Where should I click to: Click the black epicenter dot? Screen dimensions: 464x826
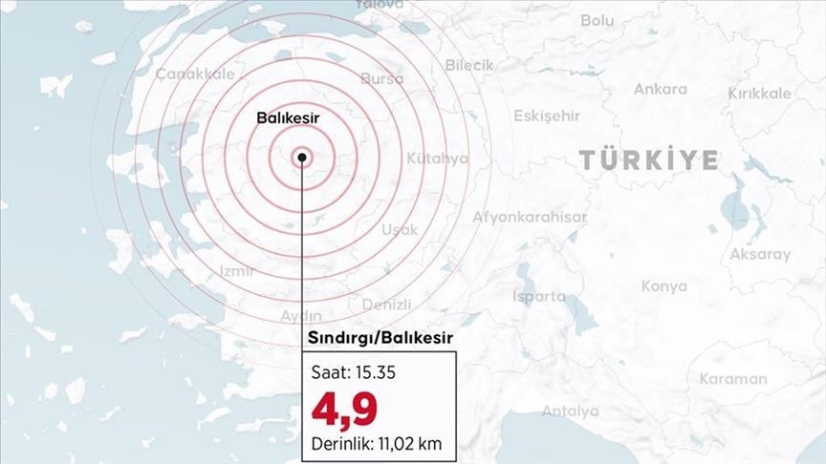[x=302, y=158]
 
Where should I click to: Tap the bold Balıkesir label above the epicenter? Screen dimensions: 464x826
[x=288, y=117]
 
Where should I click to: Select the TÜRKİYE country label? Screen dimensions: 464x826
[x=648, y=160]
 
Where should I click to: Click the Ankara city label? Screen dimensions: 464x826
[x=660, y=90]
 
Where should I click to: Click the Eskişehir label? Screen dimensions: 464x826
[x=547, y=116]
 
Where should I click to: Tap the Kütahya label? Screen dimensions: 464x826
[x=437, y=158]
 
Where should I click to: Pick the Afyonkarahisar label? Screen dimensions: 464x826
[x=530, y=217]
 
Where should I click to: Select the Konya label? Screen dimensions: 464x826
[x=664, y=285]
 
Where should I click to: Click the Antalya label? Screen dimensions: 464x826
[x=570, y=411]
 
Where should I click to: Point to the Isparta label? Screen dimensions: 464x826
[x=539, y=296]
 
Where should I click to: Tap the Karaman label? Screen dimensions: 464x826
[x=732, y=378]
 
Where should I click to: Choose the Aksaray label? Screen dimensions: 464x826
[x=760, y=255]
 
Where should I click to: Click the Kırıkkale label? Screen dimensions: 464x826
[x=760, y=94]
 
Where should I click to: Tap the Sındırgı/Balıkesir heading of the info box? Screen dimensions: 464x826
[x=380, y=338]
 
